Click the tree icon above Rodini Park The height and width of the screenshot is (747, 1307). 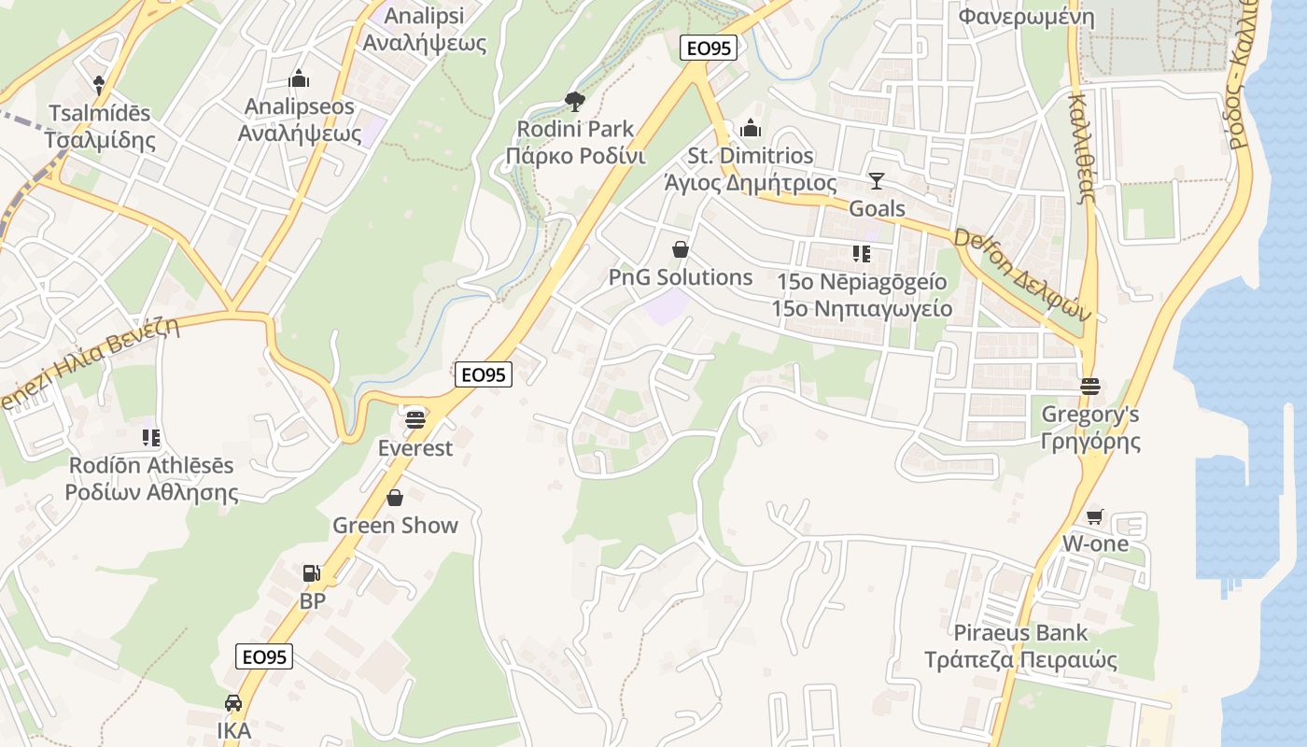tap(575, 100)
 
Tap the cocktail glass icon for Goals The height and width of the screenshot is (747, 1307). tap(876, 180)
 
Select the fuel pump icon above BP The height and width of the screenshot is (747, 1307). tap(311, 573)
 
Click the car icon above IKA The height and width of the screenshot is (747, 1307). tap(233, 702)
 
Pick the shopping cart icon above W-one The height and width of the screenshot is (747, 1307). tap(1095, 516)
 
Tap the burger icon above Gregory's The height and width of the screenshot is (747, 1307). tap(1089, 386)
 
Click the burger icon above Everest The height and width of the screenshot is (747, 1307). tap(415, 419)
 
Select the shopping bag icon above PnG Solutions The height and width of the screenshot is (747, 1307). tap(681, 249)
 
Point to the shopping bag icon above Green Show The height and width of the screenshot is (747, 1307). tap(395, 498)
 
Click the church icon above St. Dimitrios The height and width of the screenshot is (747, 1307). tap(751, 128)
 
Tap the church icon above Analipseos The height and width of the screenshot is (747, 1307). tap(299, 79)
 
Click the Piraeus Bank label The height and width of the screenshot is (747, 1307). tap(1020, 633)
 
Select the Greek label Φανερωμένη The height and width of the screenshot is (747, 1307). tap(1026, 16)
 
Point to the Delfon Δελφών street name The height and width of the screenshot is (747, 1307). tap(1021, 275)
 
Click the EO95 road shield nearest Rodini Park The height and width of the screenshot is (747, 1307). tap(710, 48)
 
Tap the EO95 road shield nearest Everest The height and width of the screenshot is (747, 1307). tap(485, 374)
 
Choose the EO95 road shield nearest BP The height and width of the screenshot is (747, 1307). tap(264, 656)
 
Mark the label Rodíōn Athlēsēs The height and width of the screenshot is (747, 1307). tap(151, 465)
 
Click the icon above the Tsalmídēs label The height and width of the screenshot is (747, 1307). tap(99, 85)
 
